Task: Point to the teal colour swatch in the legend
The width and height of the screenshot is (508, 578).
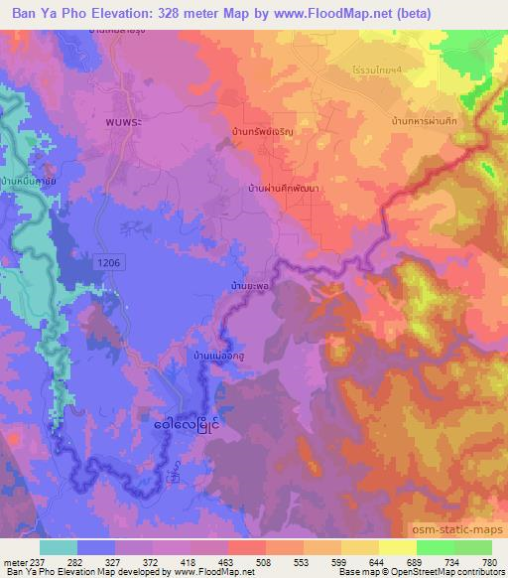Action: click(x=58, y=546)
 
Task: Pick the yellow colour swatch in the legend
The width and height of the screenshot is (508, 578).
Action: click(x=397, y=546)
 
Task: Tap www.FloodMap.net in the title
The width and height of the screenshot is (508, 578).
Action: click(x=346, y=13)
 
